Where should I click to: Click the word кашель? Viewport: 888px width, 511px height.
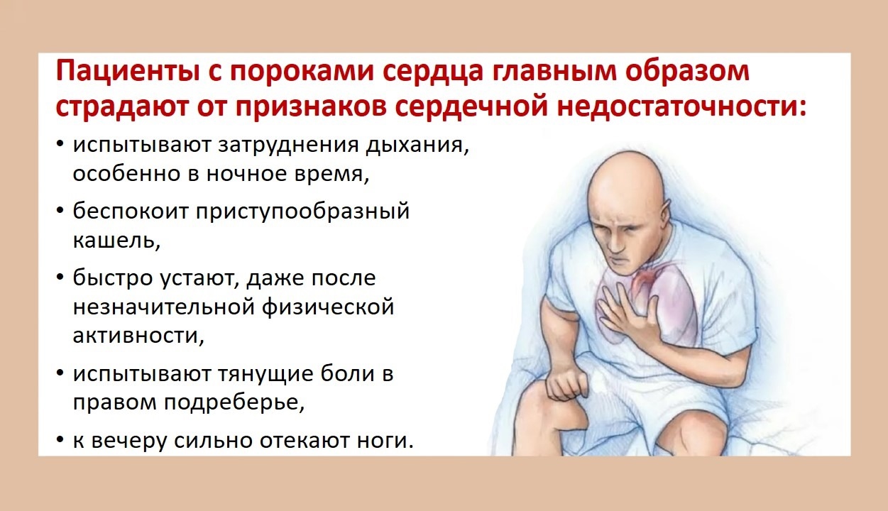pos(116,240)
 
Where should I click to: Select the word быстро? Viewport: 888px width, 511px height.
pos(113,278)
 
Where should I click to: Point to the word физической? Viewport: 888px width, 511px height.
pos(328,307)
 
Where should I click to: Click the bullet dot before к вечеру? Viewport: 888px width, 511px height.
pos(60,439)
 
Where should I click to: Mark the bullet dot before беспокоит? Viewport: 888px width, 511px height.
pos(60,210)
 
